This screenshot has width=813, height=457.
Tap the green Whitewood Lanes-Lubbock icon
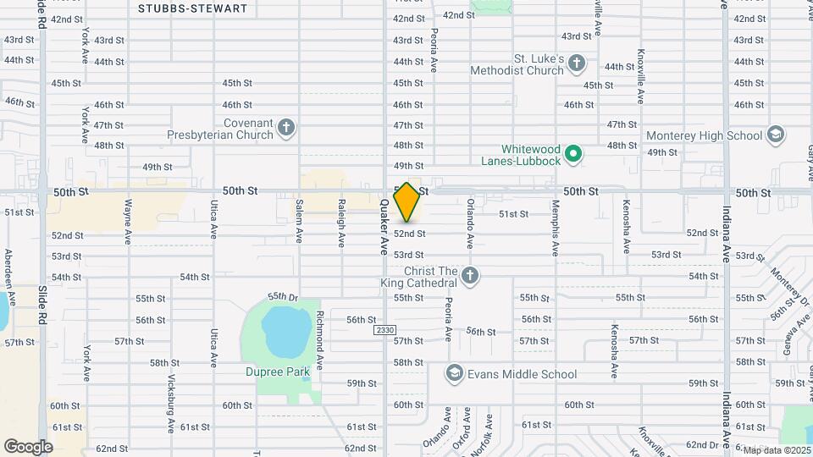click(x=573, y=153)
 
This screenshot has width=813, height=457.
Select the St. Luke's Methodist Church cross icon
click(x=577, y=63)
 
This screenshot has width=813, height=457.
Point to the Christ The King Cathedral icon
click(x=470, y=276)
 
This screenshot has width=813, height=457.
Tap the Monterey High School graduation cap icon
click(x=775, y=135)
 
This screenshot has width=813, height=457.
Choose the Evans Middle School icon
click(x=455, y=374)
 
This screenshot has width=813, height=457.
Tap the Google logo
click(x=28, y=446)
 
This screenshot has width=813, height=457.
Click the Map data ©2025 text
click(x=776, y=450)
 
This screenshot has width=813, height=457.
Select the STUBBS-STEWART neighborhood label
click(x=193, y=8)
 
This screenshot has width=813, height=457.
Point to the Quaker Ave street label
click(x=384, y=228)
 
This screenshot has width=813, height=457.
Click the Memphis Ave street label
click(x=556, y=228)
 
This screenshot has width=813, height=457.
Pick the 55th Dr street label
click(x=284, y=297)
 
